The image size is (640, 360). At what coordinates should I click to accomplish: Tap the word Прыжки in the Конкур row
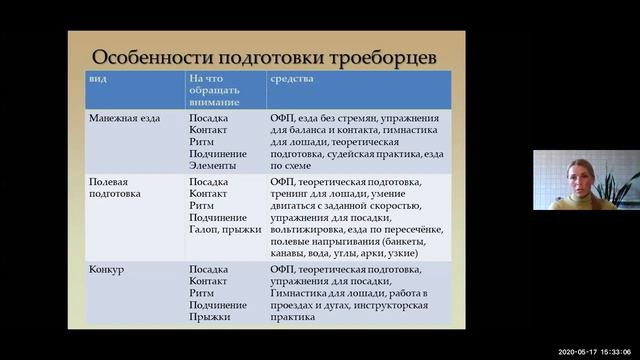(210, 317)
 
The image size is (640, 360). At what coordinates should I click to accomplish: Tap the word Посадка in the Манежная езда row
(210, 117)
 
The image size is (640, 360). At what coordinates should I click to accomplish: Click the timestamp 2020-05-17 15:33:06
(591, 352)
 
